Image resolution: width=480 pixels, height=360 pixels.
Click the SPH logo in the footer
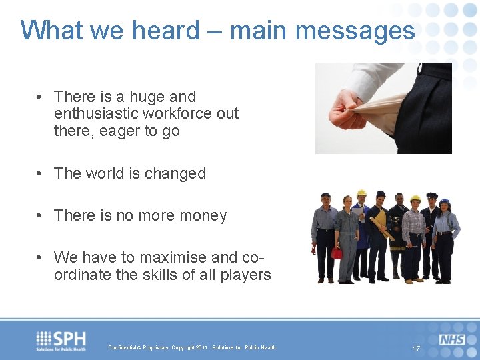pyautogui.click(x=61, y=340)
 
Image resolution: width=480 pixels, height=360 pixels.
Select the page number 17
pyautogui.click(x=417, y=349)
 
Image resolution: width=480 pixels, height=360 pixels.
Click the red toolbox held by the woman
pyautogui.click(x=337, y=253)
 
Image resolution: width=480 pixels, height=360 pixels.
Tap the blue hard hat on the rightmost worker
pyautogui.click(x=445, y=201)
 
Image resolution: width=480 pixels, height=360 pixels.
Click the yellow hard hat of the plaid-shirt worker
pyautogui.click(x=415, y=199)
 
